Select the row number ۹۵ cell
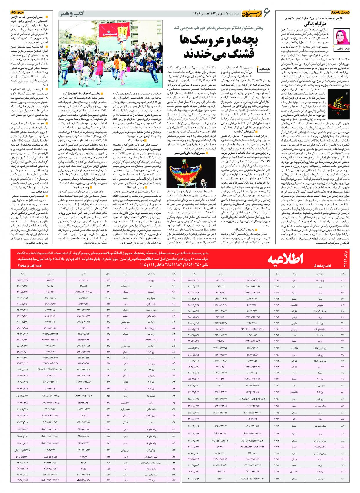click(x=174, y=280)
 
